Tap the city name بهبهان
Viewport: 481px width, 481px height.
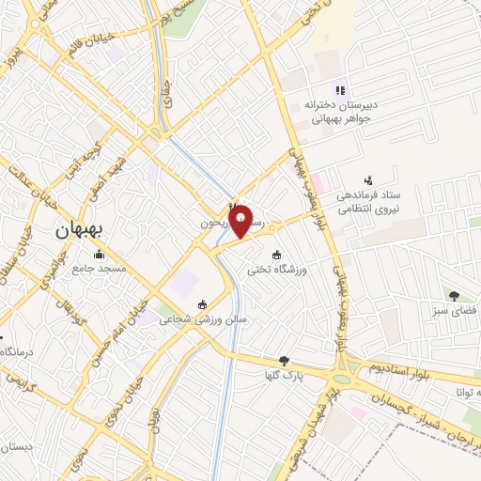point(83,229)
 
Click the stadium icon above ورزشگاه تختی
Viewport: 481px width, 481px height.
point(276,255)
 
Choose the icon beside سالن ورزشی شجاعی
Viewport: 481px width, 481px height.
point(203,303)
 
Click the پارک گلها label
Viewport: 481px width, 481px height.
point(285,375)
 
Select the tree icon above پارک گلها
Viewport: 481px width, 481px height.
point(285,360)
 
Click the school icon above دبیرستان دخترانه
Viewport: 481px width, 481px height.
point(340,91)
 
